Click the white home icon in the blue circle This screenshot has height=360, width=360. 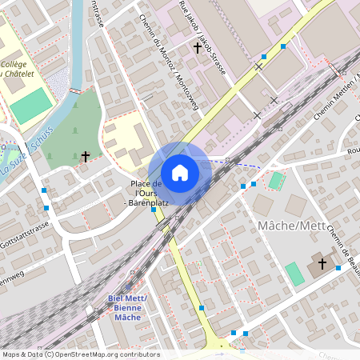click(180, 173)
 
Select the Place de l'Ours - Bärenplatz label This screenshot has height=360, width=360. click(146, 194)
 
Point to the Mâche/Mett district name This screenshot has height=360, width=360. click(292, 226)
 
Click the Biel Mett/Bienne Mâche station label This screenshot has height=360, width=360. click(128, 308)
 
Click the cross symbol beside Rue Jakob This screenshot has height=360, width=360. click(198, 48)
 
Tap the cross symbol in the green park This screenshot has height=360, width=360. click(86, 156)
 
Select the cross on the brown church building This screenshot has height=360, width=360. click(322, 262)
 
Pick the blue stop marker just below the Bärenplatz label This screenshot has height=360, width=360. click(154, 210)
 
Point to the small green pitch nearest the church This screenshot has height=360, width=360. click(294, 274)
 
